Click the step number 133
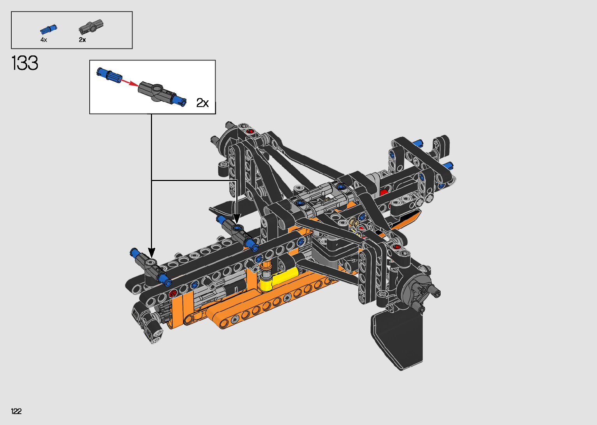pos(25,63)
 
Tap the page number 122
pos(16,411)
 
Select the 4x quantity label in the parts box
pos(44,40)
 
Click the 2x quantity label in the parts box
pos(82,40)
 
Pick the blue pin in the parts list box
pos(48,29)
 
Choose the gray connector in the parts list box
pos(91,27)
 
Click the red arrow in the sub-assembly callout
pos(129,82)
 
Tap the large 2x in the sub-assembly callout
pos(202,103)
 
